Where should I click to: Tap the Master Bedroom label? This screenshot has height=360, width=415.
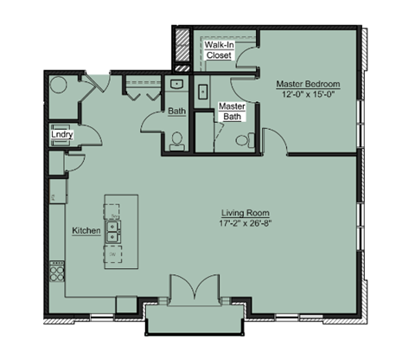(308, 84)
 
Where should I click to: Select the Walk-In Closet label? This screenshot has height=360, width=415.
(219, 48)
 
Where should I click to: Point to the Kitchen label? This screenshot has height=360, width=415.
(86, 231)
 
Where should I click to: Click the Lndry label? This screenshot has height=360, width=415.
(61, 135)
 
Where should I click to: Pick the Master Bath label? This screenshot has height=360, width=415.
(232, 111)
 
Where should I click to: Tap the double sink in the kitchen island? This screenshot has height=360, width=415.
(115, 231)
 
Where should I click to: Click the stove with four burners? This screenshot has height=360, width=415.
(58, 273)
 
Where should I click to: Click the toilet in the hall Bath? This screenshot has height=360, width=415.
(177, 140)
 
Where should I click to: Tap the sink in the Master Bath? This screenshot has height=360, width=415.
(202, 89)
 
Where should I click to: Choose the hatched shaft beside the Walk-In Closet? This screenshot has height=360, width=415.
(182, 50)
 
